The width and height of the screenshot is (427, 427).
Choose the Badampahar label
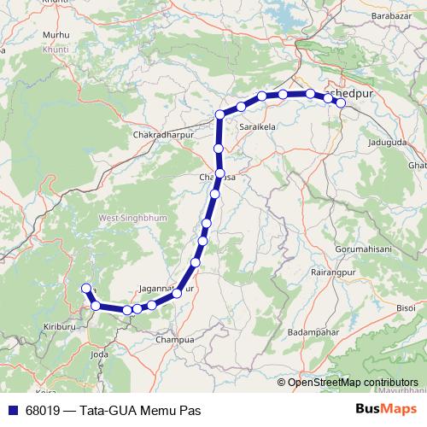click(x=313, y=331)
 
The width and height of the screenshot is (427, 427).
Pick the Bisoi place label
click(x=406, y=306)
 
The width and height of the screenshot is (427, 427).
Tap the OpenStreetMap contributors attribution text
click(x=353, y=383)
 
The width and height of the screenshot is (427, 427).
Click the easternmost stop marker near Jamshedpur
click(x=341, y=103)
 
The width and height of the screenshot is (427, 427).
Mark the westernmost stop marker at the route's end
click(x=85, y=289)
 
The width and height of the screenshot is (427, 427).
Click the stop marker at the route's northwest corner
click(x=220, y=114)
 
